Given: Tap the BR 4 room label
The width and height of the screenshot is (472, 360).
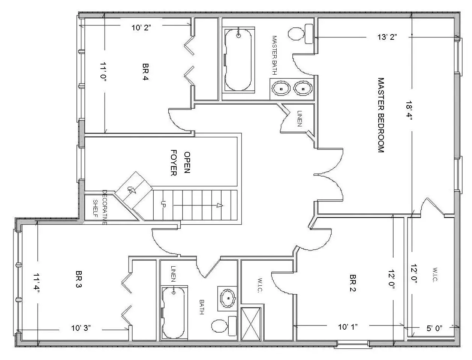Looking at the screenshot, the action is pos(145,72).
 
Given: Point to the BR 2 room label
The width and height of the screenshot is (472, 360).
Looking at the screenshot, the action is pos(353,283).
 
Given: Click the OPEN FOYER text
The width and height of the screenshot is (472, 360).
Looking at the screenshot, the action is pos(180,163).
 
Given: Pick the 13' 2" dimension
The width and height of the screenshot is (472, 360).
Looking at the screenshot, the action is pos(387,37).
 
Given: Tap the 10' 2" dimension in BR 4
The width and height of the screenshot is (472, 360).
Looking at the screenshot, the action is pos(141,27).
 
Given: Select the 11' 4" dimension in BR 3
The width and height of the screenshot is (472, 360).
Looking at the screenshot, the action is pos(37,282).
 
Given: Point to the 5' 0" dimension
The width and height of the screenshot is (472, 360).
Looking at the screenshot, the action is pos(435,328).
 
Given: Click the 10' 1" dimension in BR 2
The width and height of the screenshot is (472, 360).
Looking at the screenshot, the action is pos(348,327).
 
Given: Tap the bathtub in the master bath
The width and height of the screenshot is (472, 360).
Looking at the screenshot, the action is pos(238,60).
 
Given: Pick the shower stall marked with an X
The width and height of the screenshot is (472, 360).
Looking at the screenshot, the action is pos(251,324).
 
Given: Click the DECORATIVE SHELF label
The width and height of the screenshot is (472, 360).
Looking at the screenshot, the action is pos(100,207).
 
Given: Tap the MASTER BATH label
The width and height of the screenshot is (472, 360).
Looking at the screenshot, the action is pos(274,55).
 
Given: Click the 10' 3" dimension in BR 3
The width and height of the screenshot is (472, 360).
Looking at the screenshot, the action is pos(81,328).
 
